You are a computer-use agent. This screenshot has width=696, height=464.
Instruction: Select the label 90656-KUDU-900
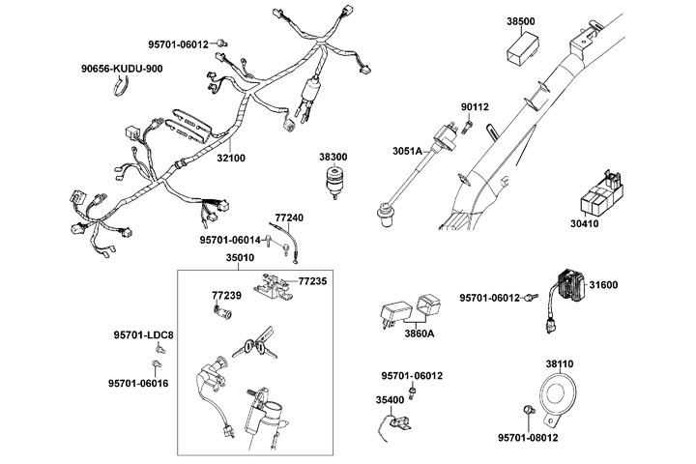pyautogui.click(x=121, y=69)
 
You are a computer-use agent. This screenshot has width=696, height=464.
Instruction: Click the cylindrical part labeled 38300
pyautogui.click(x=333, y=184)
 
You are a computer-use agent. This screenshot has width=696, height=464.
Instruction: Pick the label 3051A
pyautogui.click(x=407, y=151)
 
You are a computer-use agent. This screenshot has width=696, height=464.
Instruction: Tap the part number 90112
pyautogui.click(x=475, y=107)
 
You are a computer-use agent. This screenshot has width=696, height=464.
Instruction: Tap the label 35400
pyautogui.click(x=390, y=398)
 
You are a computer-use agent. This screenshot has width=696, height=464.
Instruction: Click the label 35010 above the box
pyautogui.click(x=240, y=258)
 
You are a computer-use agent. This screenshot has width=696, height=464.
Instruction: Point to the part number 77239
pyautogui.click(x=226, y=293)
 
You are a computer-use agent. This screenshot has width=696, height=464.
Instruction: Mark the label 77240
pyautogui.click(x=289, y=218)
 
